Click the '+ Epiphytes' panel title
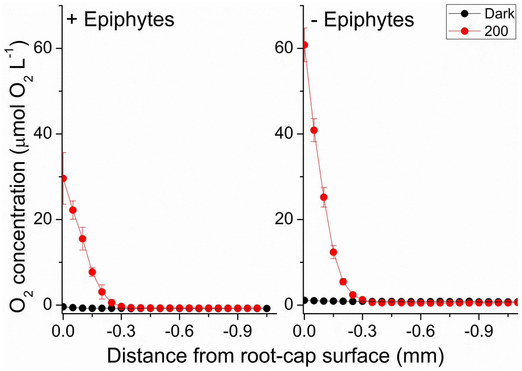coord(120,20)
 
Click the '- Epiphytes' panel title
coord(362,20)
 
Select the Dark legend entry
coord(481,14)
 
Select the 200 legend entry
coord(481,31)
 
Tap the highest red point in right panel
coord(305,45)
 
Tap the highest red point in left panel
coord(64,179)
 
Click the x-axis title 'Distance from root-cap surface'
coord(275,356)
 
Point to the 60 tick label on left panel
coord(43,48)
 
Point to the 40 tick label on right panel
coord(284,133)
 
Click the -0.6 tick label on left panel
coord(179,331)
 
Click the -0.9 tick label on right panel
coord(479,331)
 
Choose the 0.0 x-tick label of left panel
coord(63,331)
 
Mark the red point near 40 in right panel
coord(314,130)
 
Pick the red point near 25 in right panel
coord(324,197)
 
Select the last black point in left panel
coord(267,308)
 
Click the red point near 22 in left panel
coord(73,210)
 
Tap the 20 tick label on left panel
coord(43,219)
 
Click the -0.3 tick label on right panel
coord(362,331)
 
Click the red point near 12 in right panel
coord(333,252)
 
